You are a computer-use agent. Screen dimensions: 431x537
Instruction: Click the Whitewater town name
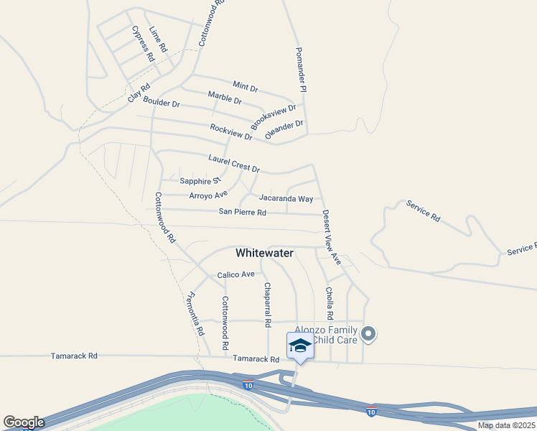point(265,253)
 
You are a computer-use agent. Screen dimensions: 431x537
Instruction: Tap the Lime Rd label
point(158,39)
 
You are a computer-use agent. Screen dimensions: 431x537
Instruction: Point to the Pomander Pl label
point(302,70)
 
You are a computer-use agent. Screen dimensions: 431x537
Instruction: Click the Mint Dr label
point(246,86)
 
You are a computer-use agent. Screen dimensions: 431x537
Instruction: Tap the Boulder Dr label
point(161,103)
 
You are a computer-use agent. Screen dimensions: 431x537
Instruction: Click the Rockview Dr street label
point(231,131)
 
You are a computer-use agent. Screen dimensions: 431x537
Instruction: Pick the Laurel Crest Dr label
point(233,163)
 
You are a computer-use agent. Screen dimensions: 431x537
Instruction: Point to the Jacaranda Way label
point(286,198)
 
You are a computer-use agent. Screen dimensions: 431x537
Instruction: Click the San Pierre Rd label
point(243,212)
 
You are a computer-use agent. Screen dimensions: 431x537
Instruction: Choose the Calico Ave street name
point(236,274)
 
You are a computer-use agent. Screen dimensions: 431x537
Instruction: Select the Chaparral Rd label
point(267,302)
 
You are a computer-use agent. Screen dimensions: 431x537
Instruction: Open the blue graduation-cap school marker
point(299,346)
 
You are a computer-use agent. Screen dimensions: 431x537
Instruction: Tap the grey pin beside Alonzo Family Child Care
point(369,334)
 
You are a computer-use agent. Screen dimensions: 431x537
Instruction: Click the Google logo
point(24,422)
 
